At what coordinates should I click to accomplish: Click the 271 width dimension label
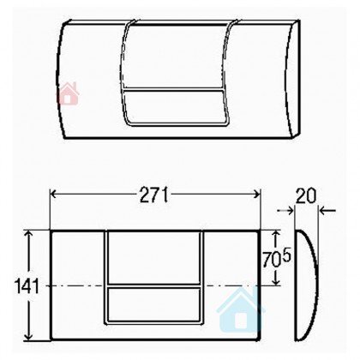pos(154,195)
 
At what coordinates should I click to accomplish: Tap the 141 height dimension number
pos(27,285)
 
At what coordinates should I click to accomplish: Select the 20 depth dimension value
pos(306,195)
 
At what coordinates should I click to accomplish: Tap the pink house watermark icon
pos(68,93)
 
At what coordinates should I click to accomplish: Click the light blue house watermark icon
pos(240,310)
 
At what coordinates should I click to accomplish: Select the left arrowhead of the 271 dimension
pos(53,195)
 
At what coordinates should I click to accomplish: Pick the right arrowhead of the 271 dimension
pos(257,195)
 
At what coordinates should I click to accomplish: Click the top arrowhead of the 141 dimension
pos(28,234)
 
